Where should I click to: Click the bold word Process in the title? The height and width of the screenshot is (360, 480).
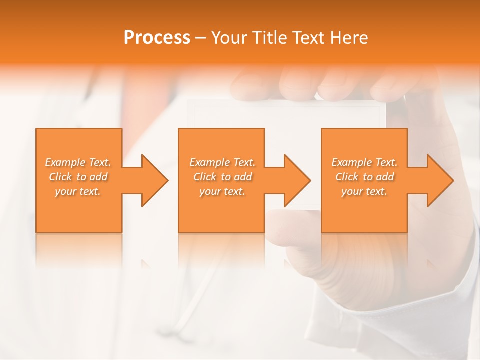click(x=157, y=38)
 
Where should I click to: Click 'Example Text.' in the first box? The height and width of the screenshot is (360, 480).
click(x=78, y=162)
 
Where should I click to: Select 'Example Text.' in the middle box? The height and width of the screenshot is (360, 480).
click(x=222, y=162)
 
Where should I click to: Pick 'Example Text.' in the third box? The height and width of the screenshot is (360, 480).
click(x=364, y=162)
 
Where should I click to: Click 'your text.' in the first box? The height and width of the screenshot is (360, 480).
click(x=78, y=191)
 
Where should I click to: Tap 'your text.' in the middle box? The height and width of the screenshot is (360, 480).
click(x=222, y=191)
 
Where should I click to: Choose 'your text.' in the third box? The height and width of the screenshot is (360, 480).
click(x=364, y=191)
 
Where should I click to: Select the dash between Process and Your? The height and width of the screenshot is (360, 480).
click(x=200, y=38)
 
